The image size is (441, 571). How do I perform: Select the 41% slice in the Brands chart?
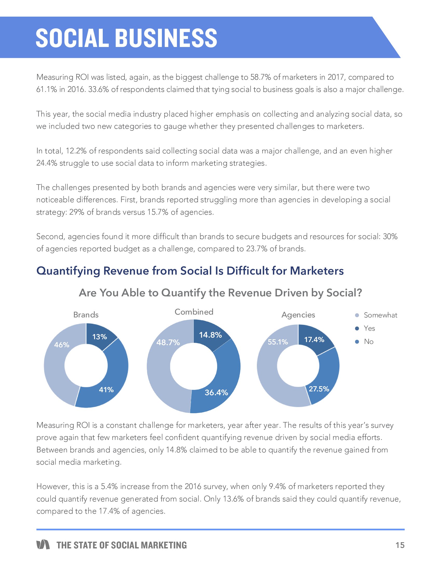coord(106,389)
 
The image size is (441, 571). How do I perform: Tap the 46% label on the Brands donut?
coord(62,345)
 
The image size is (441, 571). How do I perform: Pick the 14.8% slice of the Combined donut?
coord(210,335)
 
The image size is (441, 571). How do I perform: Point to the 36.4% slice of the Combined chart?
coord(216,392)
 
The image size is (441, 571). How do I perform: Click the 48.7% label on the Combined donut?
coord(168,342)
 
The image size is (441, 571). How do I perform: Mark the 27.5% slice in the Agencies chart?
coord(319,389)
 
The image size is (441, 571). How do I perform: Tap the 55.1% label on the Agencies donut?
coord(278,342)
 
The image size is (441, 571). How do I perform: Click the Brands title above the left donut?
coord(86,315)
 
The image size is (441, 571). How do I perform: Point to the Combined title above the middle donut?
coord(194,312)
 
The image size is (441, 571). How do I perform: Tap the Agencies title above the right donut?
coord(298,315)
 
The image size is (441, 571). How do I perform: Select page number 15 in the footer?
coord(400,545)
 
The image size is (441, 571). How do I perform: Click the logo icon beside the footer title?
coord(43,545)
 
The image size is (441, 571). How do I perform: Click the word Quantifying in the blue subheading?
coord(68,271)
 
